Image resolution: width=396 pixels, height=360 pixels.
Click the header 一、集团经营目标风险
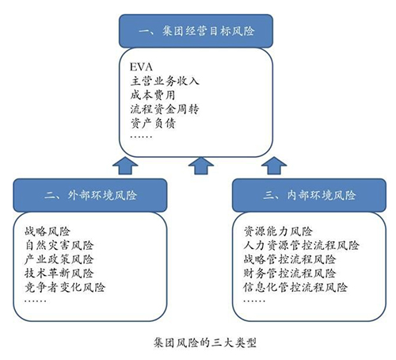point(196,31)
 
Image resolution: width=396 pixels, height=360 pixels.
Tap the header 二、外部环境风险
point(90,195)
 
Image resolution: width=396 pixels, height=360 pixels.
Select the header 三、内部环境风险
point(310,195)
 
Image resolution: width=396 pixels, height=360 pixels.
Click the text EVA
point(141,67)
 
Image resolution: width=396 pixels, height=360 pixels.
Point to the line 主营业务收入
point(165,81)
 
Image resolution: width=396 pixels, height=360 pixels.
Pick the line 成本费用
point(153,95)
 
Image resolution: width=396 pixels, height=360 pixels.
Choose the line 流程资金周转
point(165,109)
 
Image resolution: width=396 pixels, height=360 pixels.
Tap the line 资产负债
point(153,123)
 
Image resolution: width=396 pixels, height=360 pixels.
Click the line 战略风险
point(48,232)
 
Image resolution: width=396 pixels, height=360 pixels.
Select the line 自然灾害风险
point(59,245)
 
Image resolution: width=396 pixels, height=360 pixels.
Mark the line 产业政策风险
point(59,259)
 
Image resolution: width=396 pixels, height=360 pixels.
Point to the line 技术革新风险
point(59,274)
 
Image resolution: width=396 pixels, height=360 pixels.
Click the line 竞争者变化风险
point(65,287)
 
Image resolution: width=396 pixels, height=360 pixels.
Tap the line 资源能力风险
point(278,232)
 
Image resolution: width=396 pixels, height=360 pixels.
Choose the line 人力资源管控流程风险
point(301,245)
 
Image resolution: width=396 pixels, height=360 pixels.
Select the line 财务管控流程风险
point(290,274)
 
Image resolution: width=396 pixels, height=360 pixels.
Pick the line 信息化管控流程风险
point(295,287)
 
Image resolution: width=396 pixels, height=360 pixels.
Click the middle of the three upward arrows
point(201,166)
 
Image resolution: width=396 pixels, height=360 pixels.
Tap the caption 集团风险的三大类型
point(205,343)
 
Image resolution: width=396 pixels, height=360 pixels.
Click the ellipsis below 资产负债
point(141,137)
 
